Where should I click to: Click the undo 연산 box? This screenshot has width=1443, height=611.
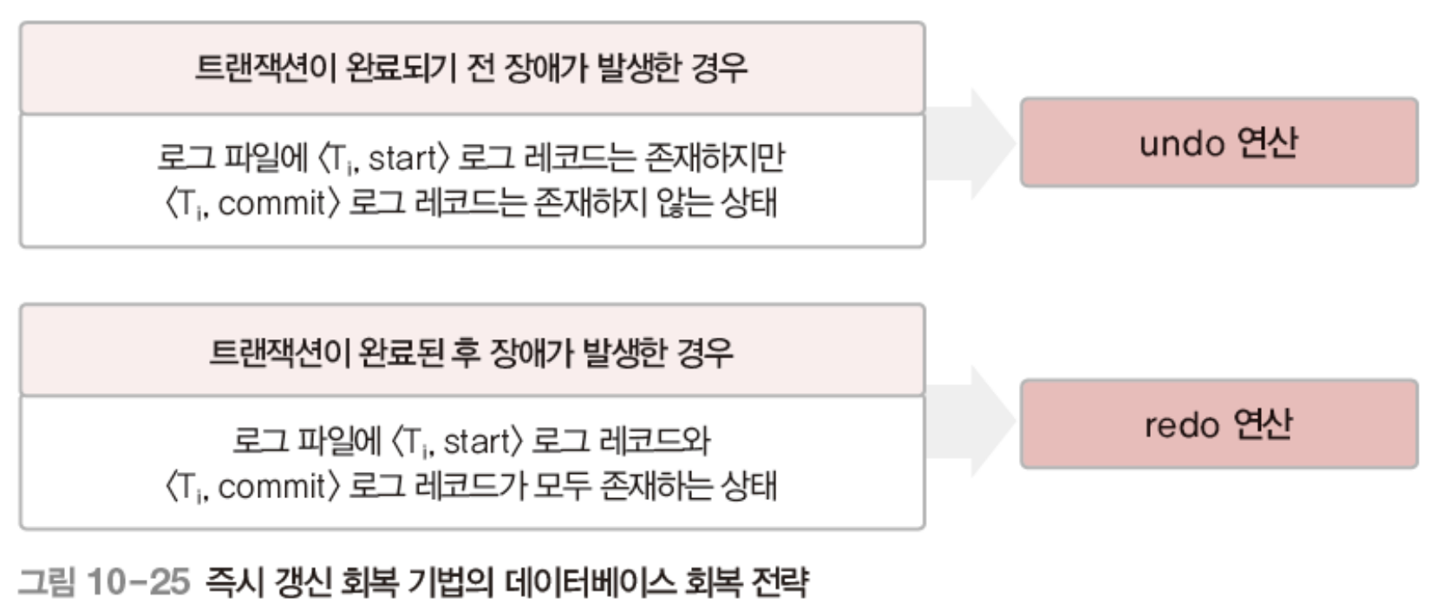point(1218,142)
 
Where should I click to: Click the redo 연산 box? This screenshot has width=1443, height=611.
point(1218,424)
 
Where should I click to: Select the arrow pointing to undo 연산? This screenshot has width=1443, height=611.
point(971,142)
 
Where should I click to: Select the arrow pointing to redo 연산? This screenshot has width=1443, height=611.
point(971,423)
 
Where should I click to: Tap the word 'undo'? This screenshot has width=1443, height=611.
point(1180,143)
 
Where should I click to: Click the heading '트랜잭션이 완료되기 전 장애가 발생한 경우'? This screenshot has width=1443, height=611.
point(471,68)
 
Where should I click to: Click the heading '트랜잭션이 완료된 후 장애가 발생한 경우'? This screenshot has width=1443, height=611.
point(471,351)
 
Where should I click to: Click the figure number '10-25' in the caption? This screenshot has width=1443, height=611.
point(138,581)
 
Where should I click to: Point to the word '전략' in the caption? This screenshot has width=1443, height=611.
point(780,581)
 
